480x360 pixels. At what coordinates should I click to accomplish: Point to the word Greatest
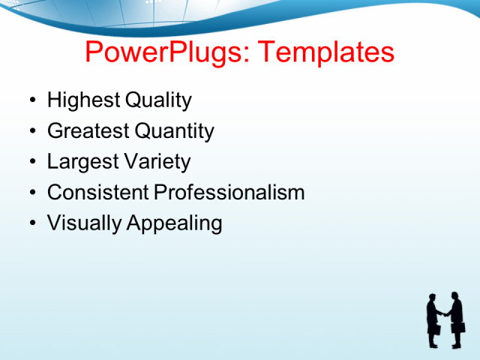point(88,131)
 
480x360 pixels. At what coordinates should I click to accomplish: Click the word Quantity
point(174,131)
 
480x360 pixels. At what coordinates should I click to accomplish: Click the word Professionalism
point(229,193)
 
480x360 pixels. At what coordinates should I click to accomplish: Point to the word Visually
point(79,223)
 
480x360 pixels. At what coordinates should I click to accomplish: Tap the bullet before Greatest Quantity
point(31,132)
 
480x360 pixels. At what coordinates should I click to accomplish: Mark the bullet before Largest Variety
point(31,163)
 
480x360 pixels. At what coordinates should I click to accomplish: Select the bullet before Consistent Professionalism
point(31,193)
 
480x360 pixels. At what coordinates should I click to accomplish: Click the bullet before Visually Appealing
point(31,224)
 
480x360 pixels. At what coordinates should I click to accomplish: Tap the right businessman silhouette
point(456,319)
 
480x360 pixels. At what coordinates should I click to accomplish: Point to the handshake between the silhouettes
point(445,315)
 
